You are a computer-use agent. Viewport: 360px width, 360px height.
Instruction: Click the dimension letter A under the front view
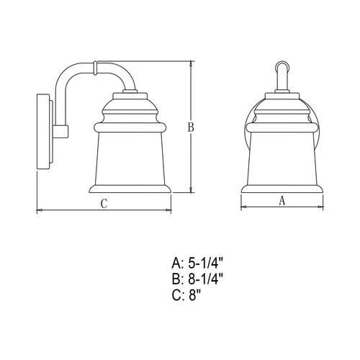click(x=282, y=202)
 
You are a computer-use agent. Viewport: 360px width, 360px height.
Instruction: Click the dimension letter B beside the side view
click(x=191, y=127)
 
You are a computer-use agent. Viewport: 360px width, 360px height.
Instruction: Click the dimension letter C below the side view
click(x=104, y=204)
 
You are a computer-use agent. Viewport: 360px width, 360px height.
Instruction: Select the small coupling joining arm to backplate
click(x=61, y=132)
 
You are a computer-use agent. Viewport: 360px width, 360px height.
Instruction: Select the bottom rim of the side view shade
click(x=131, y=191)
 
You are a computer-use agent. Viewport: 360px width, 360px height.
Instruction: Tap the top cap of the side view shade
click(x=131, y=98)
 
